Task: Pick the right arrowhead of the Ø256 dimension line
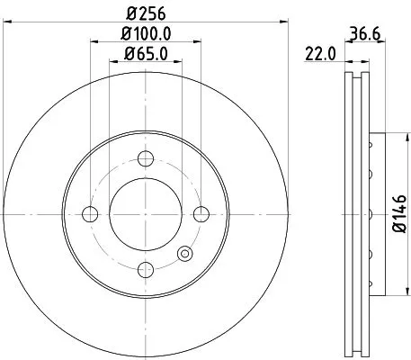tap(283, 21)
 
